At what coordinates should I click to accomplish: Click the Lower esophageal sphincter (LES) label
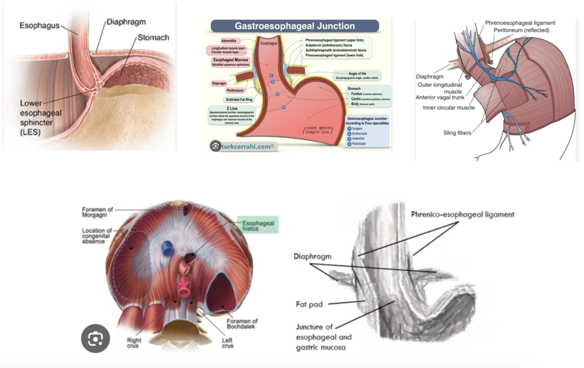pos(40,117)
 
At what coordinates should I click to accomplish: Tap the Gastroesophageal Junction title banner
pos(295,26)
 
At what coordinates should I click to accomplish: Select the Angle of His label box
pos(357,75)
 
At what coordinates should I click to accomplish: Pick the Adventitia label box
pos(229,40)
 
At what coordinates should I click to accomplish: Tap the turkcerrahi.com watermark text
pos(249,146)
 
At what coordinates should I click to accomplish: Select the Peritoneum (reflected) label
pos(521,30)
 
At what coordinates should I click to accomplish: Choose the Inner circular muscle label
pos(448,107)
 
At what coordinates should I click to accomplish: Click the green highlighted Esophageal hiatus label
pos(258,225)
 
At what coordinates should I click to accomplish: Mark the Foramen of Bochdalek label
pos(242,324)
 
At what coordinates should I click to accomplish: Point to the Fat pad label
pos(310,304)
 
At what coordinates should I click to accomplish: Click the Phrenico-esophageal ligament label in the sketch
pos(462,214)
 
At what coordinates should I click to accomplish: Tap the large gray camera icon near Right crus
pos(95,339)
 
